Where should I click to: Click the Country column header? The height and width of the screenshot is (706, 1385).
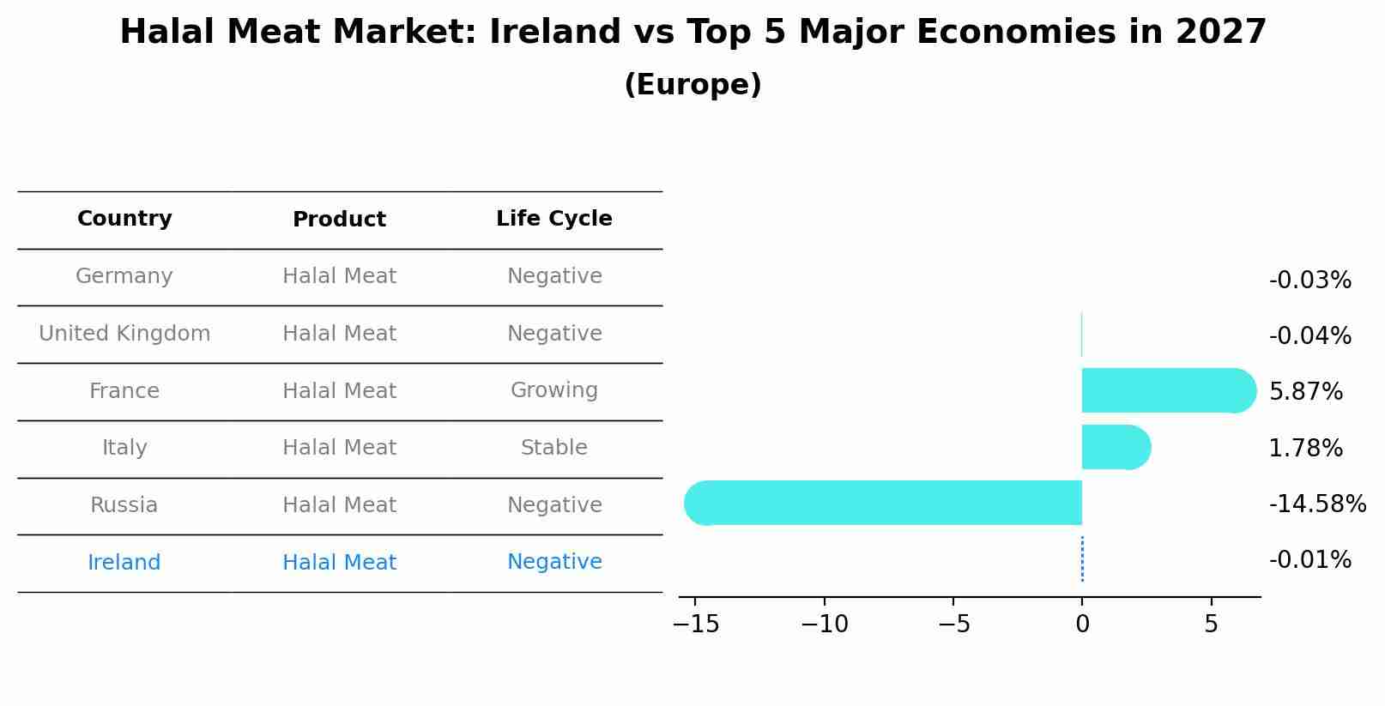(x=124, y=219)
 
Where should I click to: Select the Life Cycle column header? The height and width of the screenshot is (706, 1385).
(x=554, y=219)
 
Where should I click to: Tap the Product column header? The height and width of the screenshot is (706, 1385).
(x=339, y=220)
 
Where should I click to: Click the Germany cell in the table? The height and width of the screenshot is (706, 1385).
(x=124, y=276)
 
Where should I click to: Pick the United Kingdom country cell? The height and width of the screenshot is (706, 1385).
(x=124, y=334)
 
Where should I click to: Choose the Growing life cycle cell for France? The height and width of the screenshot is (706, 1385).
(x=554, y=390)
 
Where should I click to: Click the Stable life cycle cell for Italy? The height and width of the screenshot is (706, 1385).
(x=554, y=448)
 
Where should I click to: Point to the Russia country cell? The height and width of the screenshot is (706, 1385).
(x=124, y=505)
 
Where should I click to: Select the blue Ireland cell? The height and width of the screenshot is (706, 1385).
(x=124, y=563)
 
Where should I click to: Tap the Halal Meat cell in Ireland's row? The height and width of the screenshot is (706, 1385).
(x=339, y=563)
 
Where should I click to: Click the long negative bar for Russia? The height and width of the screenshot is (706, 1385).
(x=884, y=503)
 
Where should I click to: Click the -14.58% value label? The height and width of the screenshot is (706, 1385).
(x=1317, y=504)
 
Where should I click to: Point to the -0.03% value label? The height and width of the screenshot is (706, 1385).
(x=1309, y=281)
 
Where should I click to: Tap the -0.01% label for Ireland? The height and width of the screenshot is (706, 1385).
(x=1309, y=560)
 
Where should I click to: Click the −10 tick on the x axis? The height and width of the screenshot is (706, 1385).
(x=824, y=625)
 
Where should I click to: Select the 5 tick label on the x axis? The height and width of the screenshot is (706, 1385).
(x=1211, y=625)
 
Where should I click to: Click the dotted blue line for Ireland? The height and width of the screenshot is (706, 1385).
(x=1082, y=559)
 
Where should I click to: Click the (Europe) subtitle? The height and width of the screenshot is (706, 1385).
(x=692, y=85)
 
